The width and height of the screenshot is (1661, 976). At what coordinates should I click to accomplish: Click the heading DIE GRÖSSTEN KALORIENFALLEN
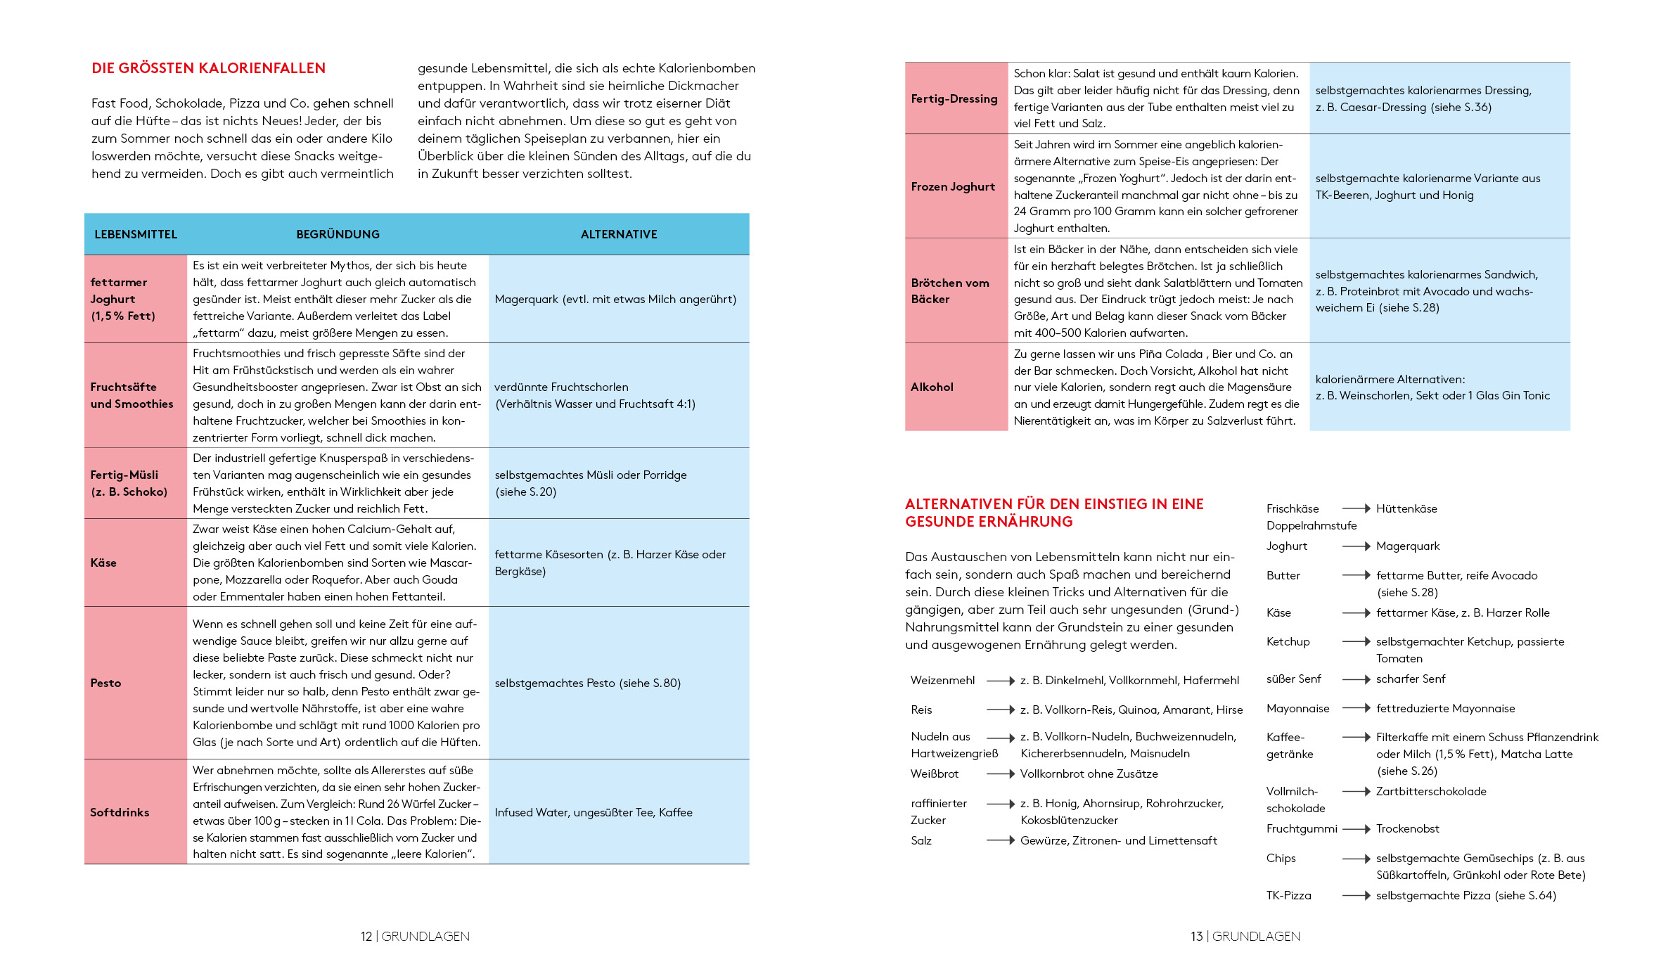coord(208,68)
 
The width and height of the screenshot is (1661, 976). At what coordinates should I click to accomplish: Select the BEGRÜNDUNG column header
coord(338,234)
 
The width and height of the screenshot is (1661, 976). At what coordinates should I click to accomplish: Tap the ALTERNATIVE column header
coord(619,234)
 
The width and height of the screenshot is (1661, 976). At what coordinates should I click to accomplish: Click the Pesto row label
coord(105,683)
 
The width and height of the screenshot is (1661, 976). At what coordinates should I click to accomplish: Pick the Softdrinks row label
coord(120,812)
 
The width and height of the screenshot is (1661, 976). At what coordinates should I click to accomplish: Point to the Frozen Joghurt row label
coord(953,186)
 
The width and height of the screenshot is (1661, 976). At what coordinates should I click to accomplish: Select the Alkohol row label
coord(932,387)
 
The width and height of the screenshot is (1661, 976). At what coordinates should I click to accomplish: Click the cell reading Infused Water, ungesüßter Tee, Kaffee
coord(594,812)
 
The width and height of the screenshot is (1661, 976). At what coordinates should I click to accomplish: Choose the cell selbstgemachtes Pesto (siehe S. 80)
coord(587,683)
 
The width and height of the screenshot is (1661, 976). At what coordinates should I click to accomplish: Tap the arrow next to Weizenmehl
coord(1000,681)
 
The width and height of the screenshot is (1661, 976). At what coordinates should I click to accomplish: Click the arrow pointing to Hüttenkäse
coord(1356,508)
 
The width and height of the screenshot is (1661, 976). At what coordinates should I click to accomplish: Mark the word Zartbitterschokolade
coord(1431,791)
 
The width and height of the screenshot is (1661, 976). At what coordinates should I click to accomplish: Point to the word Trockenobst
coord(1407,828)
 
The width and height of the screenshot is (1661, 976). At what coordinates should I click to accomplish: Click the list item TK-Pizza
coord(1288,895)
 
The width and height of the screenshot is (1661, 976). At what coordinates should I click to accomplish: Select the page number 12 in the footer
coord(366,936)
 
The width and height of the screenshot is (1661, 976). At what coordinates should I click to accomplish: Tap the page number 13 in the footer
coord(1196,936)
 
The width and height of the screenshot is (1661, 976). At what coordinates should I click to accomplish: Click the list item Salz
coord(921,840)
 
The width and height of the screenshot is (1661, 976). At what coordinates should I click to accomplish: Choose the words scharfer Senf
coord(1410,679)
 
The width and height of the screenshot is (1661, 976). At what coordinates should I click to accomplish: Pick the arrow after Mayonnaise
coord(1356,708)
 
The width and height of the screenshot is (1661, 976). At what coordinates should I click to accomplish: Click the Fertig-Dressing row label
coord(954,98)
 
